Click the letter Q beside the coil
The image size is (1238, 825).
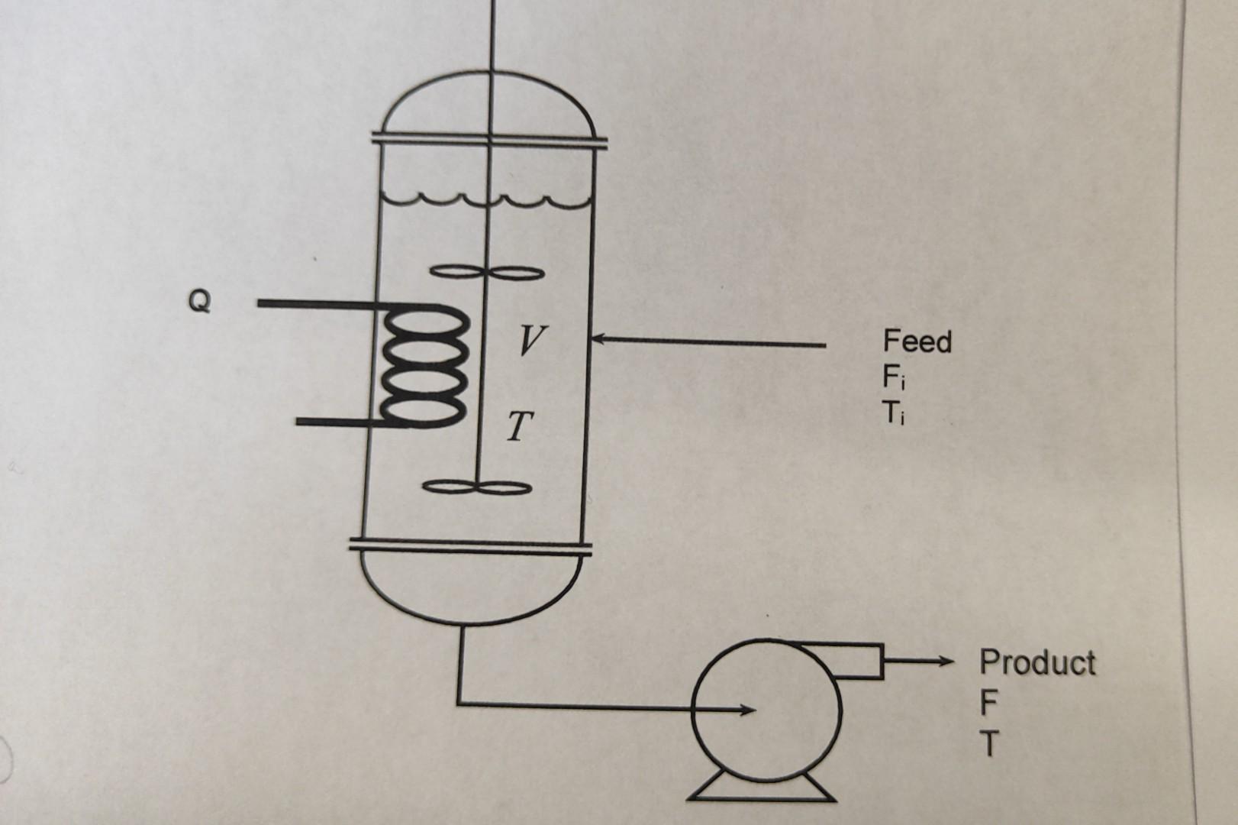199,302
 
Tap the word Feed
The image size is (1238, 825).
917,341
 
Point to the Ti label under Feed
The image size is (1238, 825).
894,412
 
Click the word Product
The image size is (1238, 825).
1037,662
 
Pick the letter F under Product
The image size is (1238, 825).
988,704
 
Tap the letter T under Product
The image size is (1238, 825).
989,744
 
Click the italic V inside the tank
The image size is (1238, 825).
530,339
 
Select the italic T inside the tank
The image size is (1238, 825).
520,427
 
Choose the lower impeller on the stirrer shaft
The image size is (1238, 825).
477,487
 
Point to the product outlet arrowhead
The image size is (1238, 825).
946,661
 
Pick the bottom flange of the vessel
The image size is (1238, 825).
470,546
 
